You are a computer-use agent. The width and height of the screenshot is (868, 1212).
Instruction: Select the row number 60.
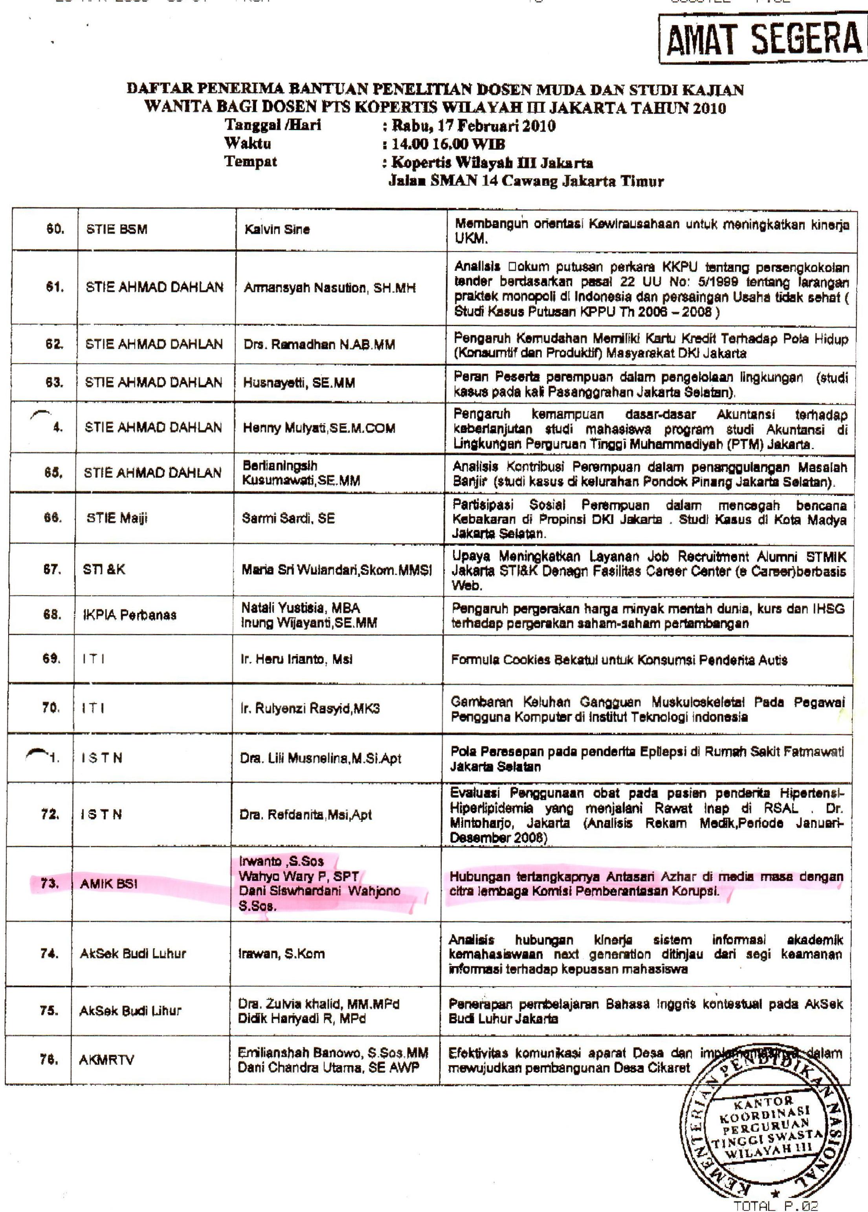point(55,229)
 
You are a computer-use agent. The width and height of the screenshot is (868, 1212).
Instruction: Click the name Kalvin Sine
point(277,230)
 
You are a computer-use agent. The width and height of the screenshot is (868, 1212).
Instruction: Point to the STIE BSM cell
point(117,230)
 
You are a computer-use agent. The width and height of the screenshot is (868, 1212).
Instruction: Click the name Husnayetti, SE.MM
point(299,383)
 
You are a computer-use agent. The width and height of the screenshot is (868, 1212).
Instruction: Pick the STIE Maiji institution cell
point(117,518)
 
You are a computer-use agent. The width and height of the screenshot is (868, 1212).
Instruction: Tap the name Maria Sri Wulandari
point(336,570)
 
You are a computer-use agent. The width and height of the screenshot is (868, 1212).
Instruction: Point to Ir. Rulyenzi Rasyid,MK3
point(310,709)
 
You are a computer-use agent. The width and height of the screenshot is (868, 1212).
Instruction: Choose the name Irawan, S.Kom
point(281,953)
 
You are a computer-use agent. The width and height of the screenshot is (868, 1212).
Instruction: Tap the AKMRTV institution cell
point(106,1060)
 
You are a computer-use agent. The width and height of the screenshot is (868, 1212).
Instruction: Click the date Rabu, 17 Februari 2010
point(473,126)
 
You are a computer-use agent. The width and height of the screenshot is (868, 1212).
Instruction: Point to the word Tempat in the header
point(251,161)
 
